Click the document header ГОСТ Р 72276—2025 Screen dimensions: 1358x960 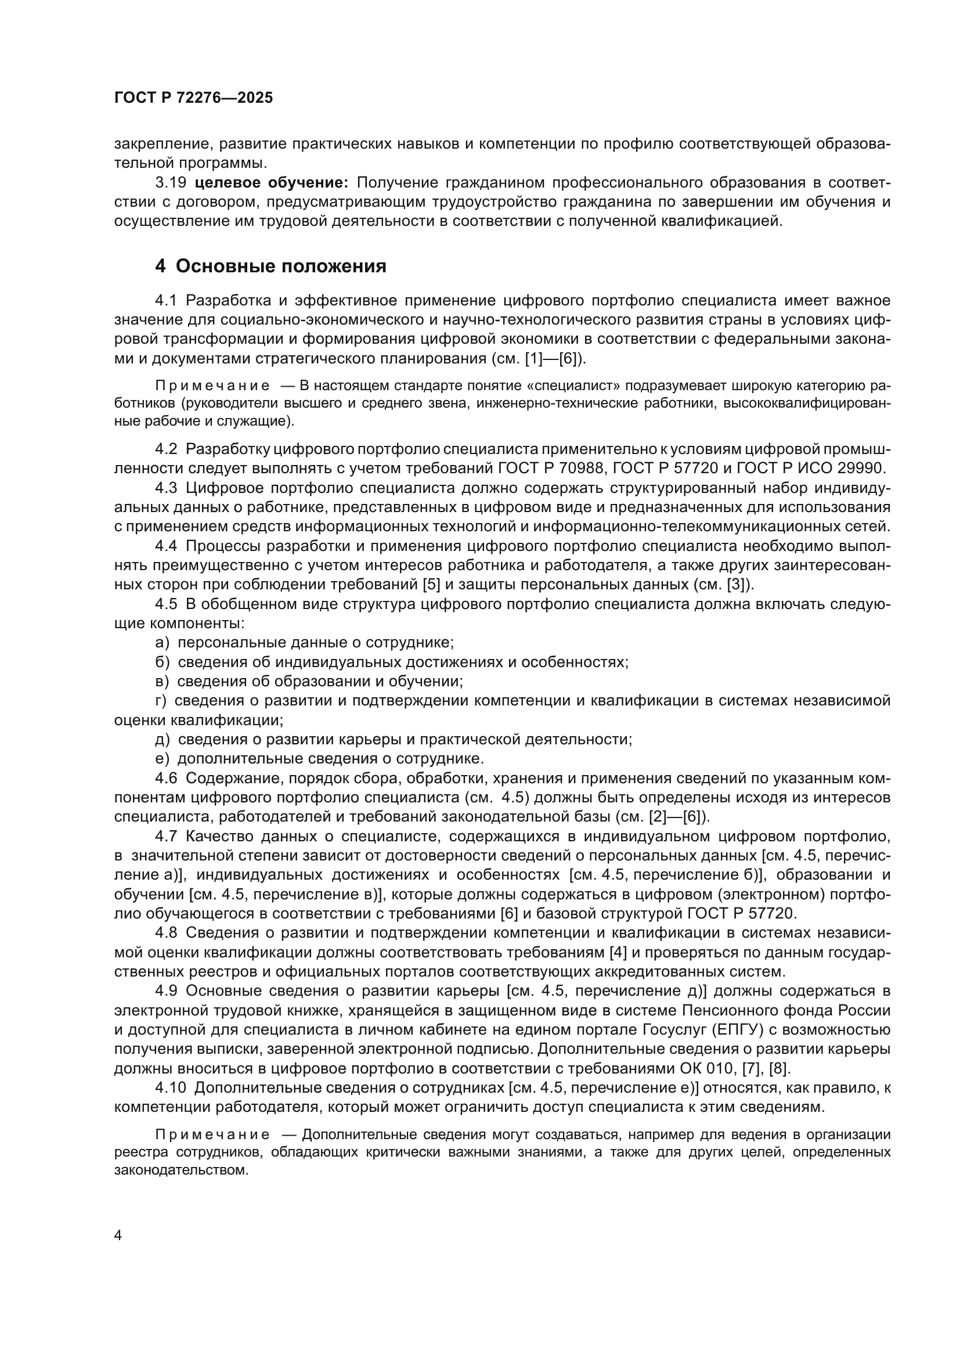(x=193, y=98)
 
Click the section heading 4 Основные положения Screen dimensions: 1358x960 (x=270, y=266)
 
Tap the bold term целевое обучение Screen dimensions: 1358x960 (x=271, y=183)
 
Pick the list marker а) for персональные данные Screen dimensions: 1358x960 (x=162, y=643)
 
